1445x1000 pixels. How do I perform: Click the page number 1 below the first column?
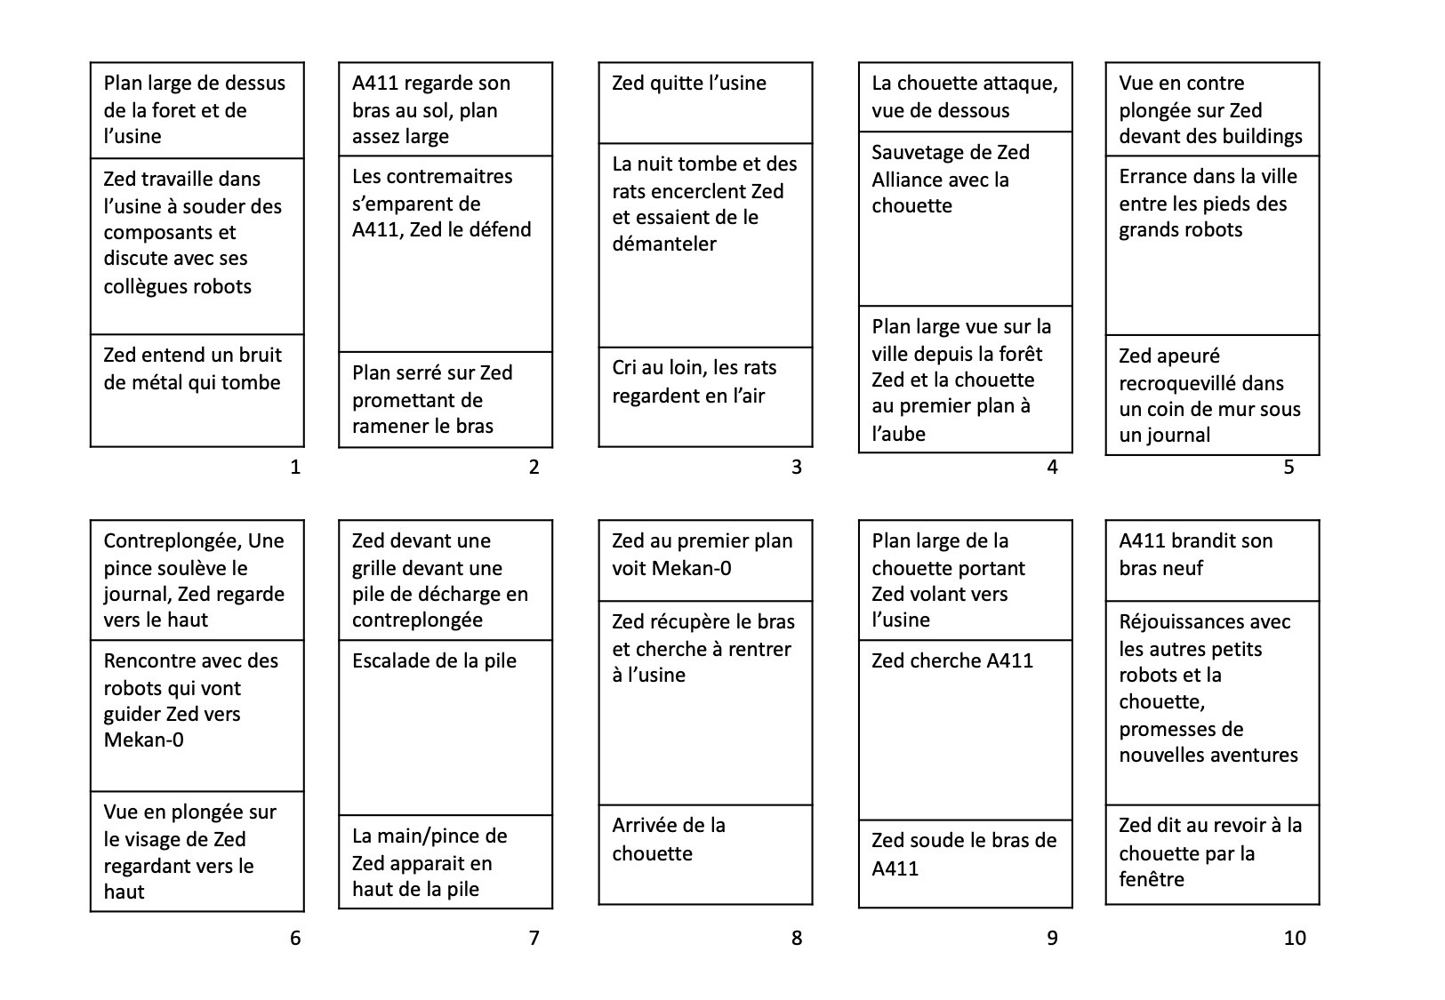[x=295, y=467]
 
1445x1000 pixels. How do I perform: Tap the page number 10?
[x=1294, y=938]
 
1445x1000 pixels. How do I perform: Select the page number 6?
[x=295, y=938]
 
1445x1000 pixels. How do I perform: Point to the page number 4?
[x=1052, y=467]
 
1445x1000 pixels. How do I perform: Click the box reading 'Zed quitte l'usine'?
[x=705, y=103]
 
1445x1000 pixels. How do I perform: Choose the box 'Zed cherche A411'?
[x=965, y=730]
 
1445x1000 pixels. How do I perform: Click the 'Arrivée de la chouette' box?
[x=705, y=854]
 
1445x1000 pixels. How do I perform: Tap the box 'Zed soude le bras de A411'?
[x=965, y=863]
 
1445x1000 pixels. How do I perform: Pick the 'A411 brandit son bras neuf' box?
[x=1212, y=561]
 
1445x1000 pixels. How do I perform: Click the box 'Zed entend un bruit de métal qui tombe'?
[x=197, y=390]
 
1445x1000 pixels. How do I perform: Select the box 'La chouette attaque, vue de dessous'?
[x=965, y=97]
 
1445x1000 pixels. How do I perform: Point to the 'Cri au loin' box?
[x=705, y=396]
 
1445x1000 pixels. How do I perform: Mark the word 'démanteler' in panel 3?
[x=663, y=244]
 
